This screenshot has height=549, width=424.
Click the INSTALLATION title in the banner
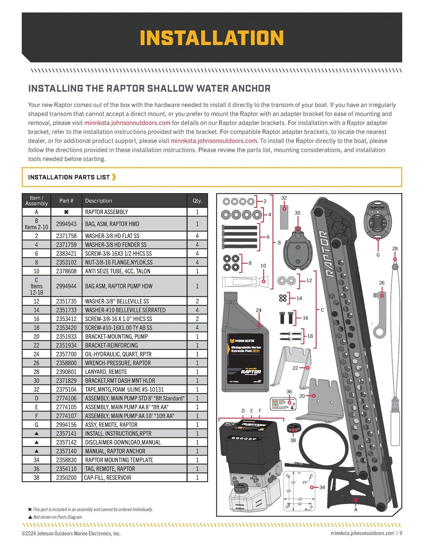tap(212, 38)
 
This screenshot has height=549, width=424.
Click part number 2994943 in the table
tap(66, 224)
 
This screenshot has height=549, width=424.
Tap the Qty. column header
tap(197, 201)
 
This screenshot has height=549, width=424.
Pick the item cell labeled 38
tap(36, 477)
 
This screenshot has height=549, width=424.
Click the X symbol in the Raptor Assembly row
tap(66, 212)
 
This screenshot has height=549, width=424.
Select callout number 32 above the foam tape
tap(284, 198)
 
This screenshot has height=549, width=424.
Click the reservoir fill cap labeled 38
tap(293, 429)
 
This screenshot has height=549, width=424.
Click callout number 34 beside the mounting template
tap(322, 487)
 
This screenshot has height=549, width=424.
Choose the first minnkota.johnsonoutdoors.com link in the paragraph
tap(127, 123)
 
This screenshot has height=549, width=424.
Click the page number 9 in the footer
tap(401, 533)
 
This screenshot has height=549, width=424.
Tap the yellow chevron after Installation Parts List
tap(114, 177)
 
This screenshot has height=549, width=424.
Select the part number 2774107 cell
tap(66, 416)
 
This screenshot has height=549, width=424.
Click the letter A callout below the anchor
tap(356, 510)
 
